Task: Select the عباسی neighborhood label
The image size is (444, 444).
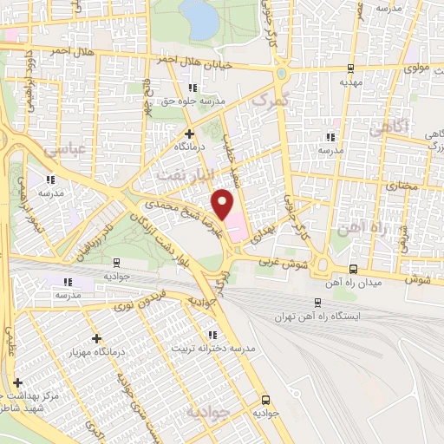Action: point(48,149)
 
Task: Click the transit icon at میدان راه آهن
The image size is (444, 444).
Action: point(353,270)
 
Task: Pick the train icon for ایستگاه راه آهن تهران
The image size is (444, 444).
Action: point(318,302)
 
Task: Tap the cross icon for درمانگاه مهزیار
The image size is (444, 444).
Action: point(95,338)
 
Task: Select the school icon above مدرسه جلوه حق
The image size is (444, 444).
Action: point(193,88)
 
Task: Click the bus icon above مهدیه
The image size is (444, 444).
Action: point(349,69)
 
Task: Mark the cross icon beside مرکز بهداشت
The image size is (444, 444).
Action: point(17,382)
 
